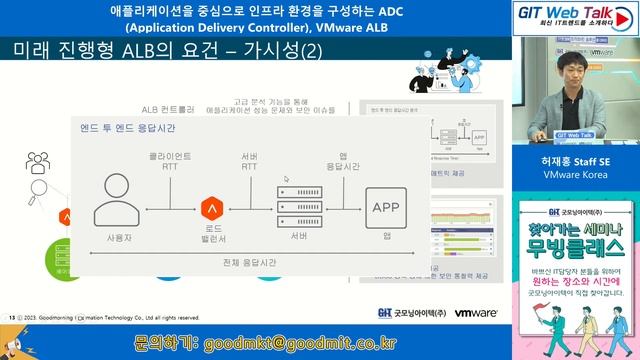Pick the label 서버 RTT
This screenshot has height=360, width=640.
(x=249, y=162)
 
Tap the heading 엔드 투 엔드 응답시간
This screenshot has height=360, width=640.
(x=128, y=129)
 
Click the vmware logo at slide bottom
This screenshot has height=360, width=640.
(x=476, y=313)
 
